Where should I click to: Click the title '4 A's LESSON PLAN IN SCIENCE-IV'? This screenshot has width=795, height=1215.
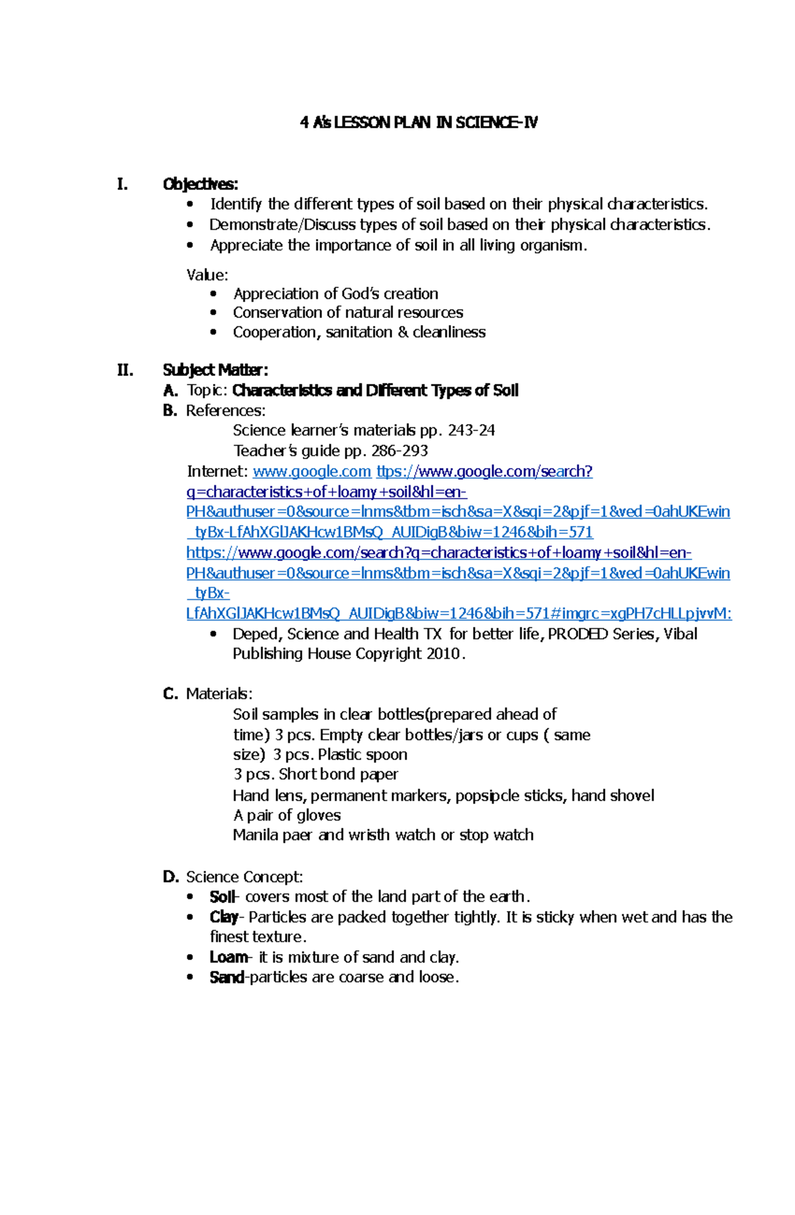coord(418,122)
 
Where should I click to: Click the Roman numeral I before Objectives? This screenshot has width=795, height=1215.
coord(122,184)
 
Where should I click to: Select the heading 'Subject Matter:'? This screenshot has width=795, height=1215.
coord(215,369)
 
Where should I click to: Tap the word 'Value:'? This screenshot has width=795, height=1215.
coord(207,275)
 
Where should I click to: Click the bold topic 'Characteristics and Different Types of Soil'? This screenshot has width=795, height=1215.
coord(375,391)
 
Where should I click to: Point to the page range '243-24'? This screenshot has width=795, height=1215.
coord(471,430)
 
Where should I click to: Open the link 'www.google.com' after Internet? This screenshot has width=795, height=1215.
coord(311,471)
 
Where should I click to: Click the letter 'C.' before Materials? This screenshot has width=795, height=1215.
coord(170,694)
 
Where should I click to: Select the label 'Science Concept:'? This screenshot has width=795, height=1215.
coord(244,877)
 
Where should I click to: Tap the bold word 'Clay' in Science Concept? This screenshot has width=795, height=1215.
coord(223,917)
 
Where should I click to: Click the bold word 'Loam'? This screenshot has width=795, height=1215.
coord(228,957)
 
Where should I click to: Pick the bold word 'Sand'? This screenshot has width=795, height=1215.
coord(226,977)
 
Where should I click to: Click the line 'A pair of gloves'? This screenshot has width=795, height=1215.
coord(287,815)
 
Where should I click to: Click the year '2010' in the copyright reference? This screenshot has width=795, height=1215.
coord(443,654)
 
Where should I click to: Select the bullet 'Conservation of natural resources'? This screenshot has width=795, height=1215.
coord(348,313)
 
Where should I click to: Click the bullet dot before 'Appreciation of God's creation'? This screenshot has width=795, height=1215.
coord(213,293)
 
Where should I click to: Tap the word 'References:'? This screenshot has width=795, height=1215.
coord(225,411)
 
